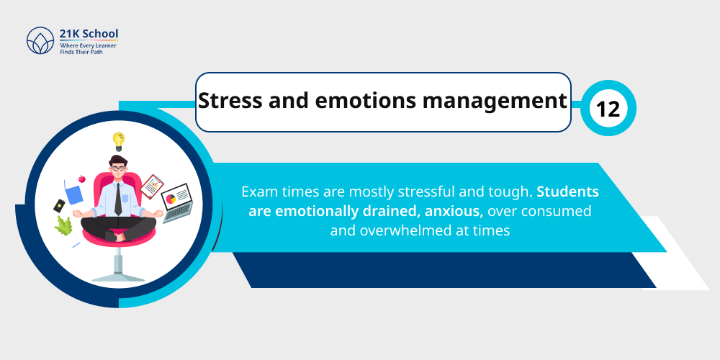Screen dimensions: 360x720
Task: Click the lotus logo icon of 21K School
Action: pyautogui.click(x=40, y=40)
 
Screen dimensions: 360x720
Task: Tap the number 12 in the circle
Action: pyautogui.click(x=608, y=109)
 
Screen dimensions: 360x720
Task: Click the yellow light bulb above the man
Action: pyautogui.click(x=118, y=140)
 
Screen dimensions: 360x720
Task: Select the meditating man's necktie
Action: pyautogui.click(x=118, y=198)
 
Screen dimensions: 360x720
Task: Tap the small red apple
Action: pyautogui.click(x=81, y=178)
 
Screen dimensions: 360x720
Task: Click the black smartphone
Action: pyautogui.click(x=59, y=205)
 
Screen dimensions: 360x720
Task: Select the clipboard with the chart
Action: pyautogui.click(x=152, y=186)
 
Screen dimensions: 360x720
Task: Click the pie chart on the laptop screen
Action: pyautogui.click(x=171, y=198)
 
